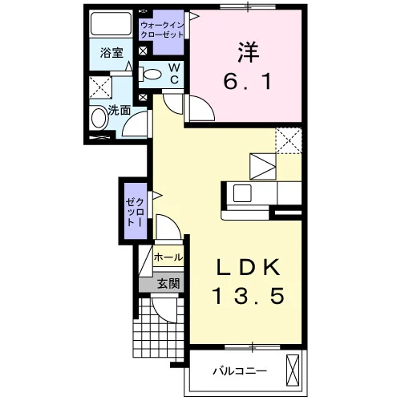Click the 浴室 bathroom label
[111, 53]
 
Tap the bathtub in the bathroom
[111, 23]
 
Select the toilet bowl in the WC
[150, 75]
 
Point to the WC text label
[174, 74]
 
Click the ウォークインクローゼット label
[162, 30]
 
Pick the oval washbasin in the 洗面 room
[99, 118]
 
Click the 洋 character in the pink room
[248, 52]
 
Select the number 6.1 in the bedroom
[248, 81]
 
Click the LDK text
[249, 267]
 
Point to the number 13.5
[248, 296]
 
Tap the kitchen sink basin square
[242, 193]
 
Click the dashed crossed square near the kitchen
[289, 140]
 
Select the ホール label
[168, 257]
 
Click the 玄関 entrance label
[168, 283]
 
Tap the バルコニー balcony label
[240, 371]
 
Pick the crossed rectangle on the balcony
[293, 371]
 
